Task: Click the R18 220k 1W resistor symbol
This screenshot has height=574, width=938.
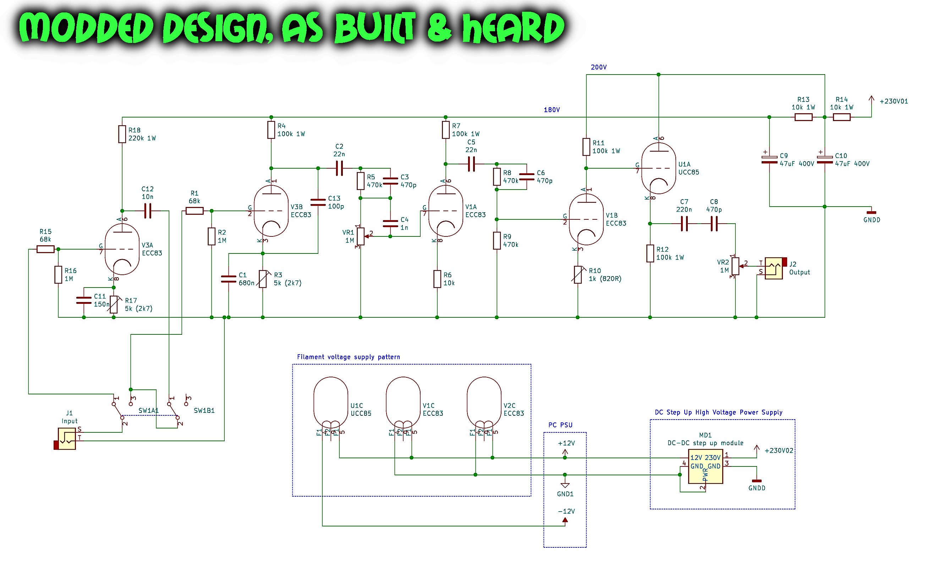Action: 122,134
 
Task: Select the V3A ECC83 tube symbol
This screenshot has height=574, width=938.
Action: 122,250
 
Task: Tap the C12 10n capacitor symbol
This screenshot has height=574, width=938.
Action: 148,211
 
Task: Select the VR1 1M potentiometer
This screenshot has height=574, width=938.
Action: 361,236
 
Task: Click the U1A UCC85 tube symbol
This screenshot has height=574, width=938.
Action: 659,168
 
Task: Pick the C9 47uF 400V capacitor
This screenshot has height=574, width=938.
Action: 769,160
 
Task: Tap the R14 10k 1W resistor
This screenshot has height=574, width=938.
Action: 842,117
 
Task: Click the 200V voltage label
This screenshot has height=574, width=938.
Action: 598,67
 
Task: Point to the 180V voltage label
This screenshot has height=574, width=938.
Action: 552,110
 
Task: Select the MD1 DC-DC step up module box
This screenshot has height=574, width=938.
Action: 706,466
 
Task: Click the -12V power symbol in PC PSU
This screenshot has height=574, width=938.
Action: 565,520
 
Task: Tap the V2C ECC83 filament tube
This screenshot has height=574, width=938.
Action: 484,404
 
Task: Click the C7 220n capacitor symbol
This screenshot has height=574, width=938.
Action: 684,224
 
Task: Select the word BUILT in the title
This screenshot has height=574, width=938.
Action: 375,27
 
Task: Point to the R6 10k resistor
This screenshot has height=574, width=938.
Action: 437,279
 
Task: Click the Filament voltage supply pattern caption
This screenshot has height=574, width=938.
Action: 348,357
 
